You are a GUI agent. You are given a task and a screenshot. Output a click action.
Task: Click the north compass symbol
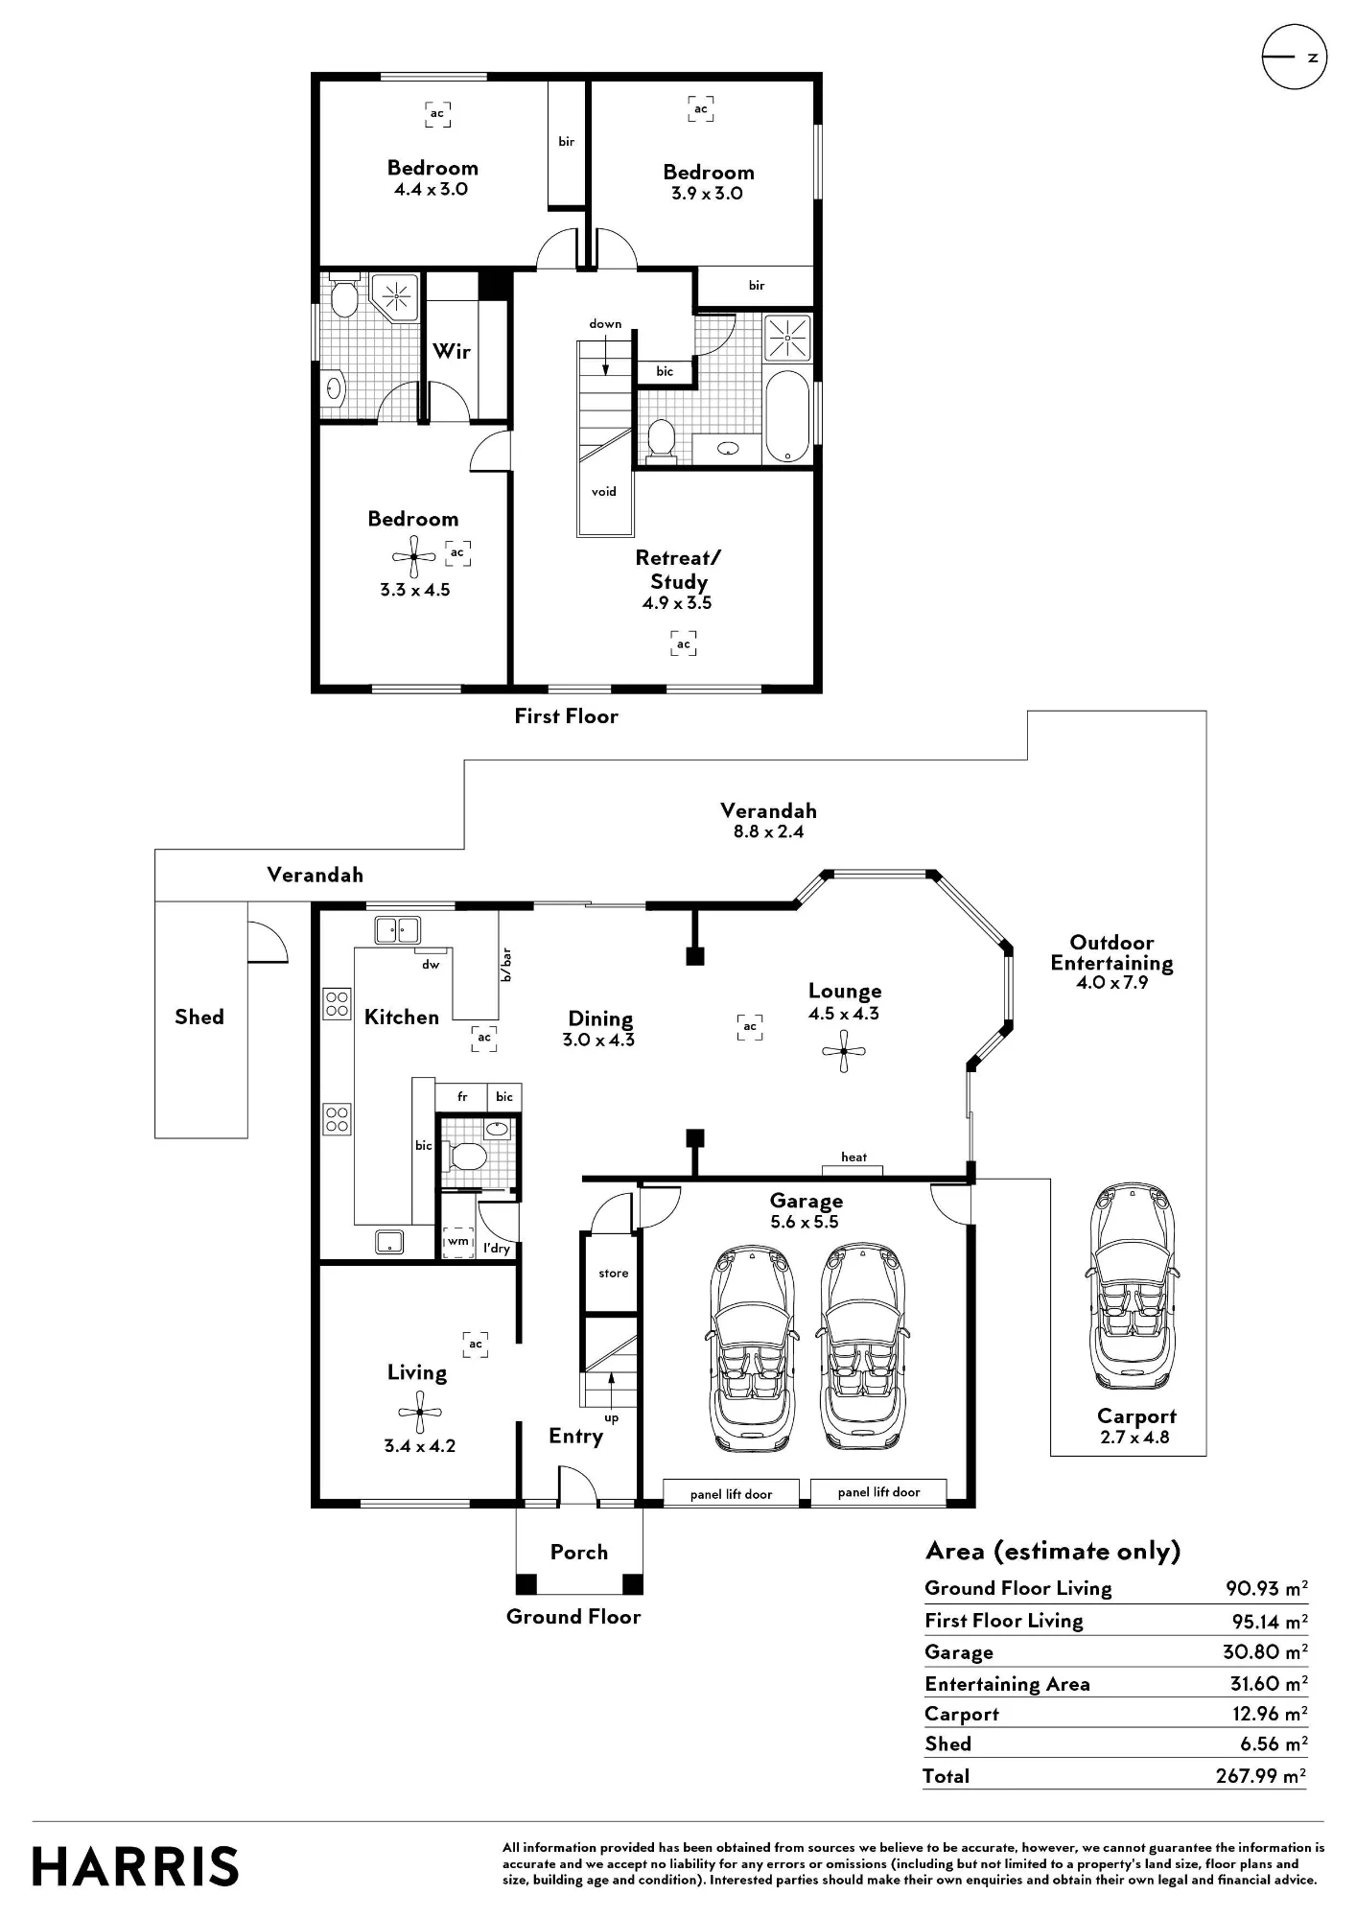point(1294,58)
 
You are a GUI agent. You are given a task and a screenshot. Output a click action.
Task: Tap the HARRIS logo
point(135,1867)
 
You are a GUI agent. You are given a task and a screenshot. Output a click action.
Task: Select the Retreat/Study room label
point(678,570)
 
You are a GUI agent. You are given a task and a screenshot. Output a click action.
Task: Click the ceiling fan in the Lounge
point(844,1051)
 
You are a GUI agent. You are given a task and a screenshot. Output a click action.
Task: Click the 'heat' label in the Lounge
point(853,1157)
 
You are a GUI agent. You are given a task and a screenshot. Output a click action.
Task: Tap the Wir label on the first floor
point(452,351)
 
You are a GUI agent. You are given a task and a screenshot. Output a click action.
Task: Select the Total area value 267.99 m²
point(1260,1775)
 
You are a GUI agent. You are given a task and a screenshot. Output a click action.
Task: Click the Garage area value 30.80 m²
point(1265,1651)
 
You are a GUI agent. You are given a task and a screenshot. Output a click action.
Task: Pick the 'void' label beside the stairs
point(604,491)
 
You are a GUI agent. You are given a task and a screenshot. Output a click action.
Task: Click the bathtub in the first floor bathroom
point(787,417)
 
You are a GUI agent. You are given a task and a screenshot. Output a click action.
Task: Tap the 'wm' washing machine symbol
point(458,1241)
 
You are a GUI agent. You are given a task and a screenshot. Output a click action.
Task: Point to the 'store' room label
point(614,1273)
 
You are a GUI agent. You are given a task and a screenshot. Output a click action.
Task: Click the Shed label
point(199,1017)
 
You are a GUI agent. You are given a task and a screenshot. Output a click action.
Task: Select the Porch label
point(579,1552)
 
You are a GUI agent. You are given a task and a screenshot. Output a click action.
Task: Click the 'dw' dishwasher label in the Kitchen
point(431,964)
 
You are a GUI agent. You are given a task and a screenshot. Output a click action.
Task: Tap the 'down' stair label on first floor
point(605,323)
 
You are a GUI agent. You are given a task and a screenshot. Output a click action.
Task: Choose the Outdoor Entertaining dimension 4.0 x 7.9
point(1112,982)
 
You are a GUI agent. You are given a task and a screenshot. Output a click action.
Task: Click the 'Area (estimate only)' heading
point(1053,1552)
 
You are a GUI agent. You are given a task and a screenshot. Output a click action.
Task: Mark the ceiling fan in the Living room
point(419,1413)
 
